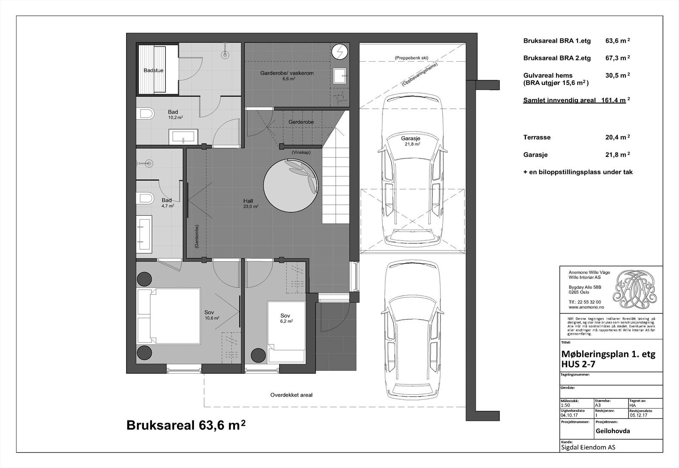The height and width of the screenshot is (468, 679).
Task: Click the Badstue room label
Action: click(153, 70)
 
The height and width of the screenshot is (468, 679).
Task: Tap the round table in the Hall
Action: click(290, 183)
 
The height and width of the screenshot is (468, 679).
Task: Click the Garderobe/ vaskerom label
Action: click(287, 73)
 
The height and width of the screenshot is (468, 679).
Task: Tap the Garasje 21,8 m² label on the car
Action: click(410, 141)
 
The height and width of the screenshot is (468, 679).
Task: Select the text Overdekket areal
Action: click(291, 395)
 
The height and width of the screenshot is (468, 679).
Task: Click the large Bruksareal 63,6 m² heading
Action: click(186, 426)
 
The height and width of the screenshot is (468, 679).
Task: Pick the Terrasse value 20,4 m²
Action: click(617, 137)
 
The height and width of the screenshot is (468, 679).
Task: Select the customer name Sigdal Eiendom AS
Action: click(588, 447)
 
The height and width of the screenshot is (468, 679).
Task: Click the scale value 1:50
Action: click(565, 405)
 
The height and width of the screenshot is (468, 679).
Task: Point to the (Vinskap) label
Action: click(300, 152)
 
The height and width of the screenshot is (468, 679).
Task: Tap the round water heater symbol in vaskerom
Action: click(339, 52)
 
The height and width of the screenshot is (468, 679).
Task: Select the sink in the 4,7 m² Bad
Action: click(144, 233)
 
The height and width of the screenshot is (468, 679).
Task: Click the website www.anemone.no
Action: click(586, 307)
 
